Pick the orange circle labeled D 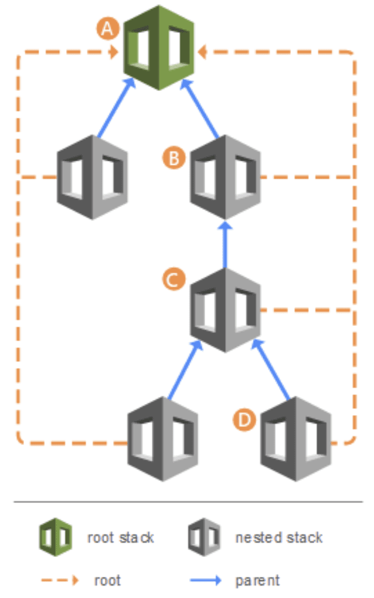243,420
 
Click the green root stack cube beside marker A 159,47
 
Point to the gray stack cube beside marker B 225,177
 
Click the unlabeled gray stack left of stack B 92,177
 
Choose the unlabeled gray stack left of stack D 162,439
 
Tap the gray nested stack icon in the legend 204,537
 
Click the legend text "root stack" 121,538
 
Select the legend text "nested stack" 278,538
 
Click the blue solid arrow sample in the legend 205,580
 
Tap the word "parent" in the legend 257,581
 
